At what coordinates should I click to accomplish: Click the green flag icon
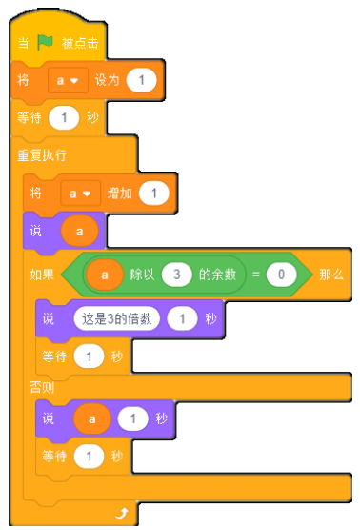click(x=45, y=42)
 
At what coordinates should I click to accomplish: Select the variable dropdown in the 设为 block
click(x=68, y=80)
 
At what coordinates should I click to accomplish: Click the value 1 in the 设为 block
click(x=142, y=80)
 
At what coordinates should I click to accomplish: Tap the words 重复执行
click(x=42, y=155)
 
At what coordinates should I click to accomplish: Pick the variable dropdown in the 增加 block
click(x=81, y=194)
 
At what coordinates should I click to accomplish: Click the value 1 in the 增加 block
click(x=154, y=194)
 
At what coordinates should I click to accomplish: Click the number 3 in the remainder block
click(x=176, y=275)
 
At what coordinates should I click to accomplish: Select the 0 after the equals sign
click(x=281, y=275)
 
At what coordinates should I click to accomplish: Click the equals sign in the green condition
click(x=256, y=275)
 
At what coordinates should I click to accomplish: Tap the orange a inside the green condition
click(x=105, y=275)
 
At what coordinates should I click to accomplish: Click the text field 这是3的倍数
click(x=117, y=318)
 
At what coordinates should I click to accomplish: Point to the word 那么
click(x=331, y=275)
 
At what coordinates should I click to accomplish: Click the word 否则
click(x=42, y=387)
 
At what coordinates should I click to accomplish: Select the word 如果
click(x=42, y=275)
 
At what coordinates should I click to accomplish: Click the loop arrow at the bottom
click(x=122, y=514)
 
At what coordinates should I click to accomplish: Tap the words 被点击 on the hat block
click(x=80, y=43)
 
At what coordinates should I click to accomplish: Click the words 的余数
click(x=217, y=275)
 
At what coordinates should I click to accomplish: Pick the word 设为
click(x=107, y=80)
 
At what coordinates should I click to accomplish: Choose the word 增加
click(x=120, y=194)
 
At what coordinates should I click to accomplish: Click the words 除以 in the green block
click(x=143, y=275)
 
